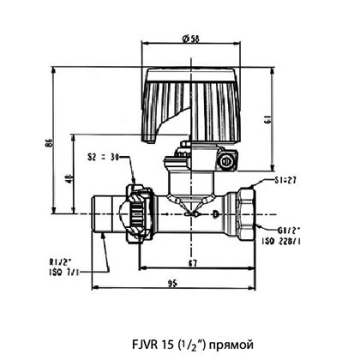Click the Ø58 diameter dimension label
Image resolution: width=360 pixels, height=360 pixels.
coord(190,39)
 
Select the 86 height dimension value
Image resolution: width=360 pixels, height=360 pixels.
coord(49,142)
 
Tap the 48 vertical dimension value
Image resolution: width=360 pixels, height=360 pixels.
coord(69,177)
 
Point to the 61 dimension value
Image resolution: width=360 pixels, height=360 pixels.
coord(268,119)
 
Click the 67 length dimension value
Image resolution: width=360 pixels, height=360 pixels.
coord(193,263)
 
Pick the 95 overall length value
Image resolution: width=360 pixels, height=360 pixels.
coord(172,283)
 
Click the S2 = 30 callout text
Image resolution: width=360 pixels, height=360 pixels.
coord(103,157)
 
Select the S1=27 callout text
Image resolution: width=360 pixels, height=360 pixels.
coord(285,180)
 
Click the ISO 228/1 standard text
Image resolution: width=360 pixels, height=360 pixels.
coord(281,242)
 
